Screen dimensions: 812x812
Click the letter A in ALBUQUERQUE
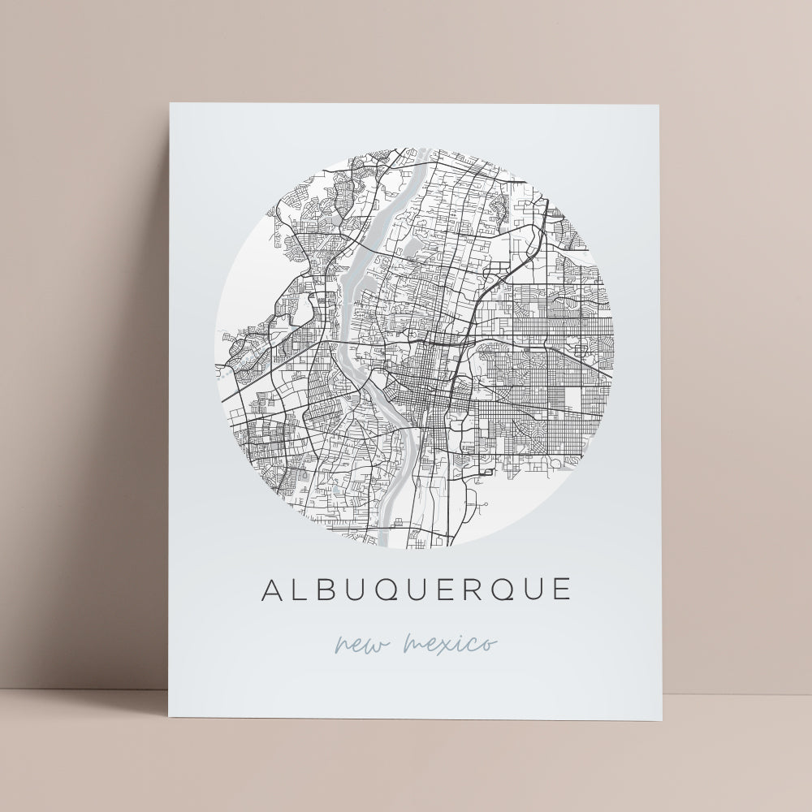273,590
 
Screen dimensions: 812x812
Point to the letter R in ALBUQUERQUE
474,590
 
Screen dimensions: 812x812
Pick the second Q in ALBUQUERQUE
504,590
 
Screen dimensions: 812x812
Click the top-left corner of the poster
170,104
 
